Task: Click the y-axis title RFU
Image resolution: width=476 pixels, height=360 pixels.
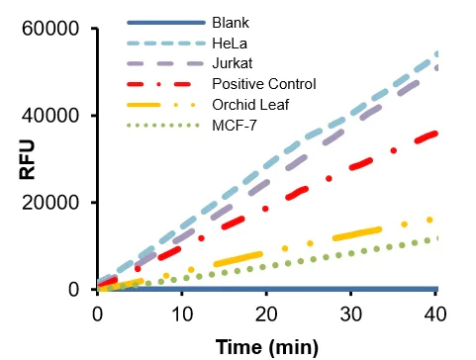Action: tap(29, 159)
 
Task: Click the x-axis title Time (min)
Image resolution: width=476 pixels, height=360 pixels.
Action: tap(267, 345)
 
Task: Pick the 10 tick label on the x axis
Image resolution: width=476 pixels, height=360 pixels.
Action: tap(182, 313)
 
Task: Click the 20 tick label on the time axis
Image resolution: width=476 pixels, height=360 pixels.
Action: tap(267, 313)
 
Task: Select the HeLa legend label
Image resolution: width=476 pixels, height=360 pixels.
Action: tap(229, 43)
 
